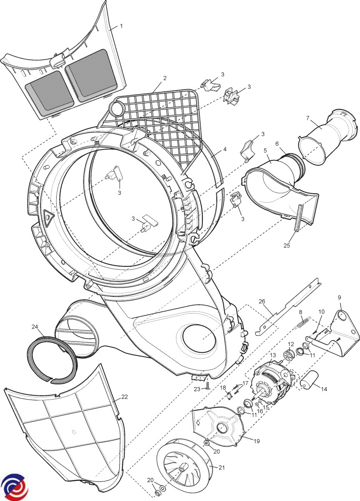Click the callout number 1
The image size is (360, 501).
pyautogui.click(x=121, y=26)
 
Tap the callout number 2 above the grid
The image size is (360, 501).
pyautogui.click(x=165, y=78)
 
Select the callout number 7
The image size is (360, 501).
pyautogui.click(x=308, y=118)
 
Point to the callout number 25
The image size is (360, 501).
pyautogui.click(x=287, y=245)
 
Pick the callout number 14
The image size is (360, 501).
pyautogui.click(x=324, y=389)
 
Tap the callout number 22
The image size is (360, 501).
pyautogui.click(x=124, y=397)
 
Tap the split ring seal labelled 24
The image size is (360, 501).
pyautogui.click(x=52, y=359)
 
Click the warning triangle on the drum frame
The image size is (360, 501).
pyautogui.click(x=49, y=217)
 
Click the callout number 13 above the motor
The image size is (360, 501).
pyautogui.click(x=273, y=355)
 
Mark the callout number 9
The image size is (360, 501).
pyautogui.click(x=339, y=297)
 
